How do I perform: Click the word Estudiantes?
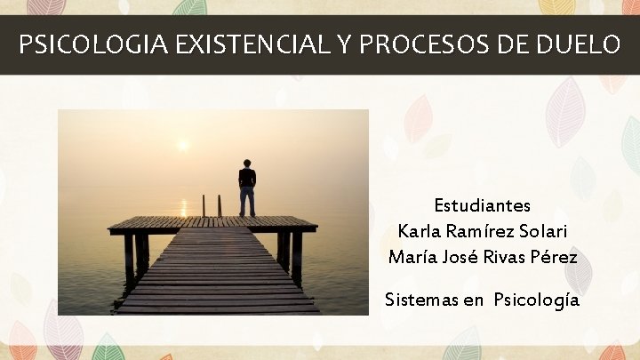click(483, 206)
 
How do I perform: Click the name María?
click(412, 258)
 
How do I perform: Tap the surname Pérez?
click(556, 258)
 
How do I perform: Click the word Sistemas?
click(421, 300)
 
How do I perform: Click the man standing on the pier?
click(246, 188)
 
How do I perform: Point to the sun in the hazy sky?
click(183, 144)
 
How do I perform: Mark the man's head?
click(246, 164)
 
